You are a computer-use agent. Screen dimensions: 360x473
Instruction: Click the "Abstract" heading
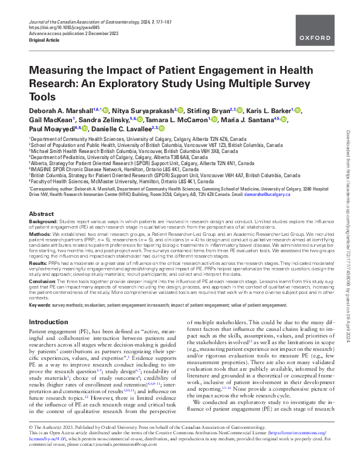[x=41, y=214]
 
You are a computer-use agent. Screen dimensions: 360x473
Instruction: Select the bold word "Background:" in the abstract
[x=44, y=222]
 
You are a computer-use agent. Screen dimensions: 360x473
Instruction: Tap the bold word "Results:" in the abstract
[x=39, y=263]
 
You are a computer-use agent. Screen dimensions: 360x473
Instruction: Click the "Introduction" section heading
[x=49, y=322]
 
